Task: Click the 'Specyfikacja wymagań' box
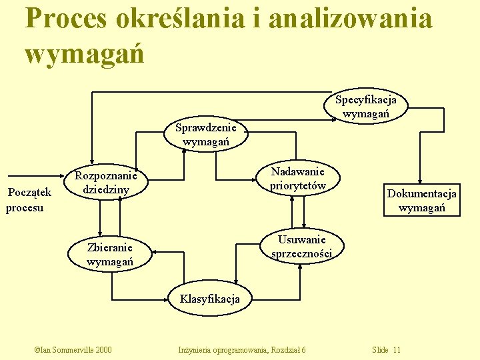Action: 365,107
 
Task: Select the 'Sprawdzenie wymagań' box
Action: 206,135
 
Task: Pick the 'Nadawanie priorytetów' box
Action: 297,178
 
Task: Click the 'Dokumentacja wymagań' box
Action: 421,201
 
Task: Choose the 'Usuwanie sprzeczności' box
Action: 301,246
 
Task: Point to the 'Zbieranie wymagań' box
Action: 110,254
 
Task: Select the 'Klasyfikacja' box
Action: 209,299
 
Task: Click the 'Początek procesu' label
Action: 27,200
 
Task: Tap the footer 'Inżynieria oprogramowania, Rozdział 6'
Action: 242,349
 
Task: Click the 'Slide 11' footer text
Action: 387,349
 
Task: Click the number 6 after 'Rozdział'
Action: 303,349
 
